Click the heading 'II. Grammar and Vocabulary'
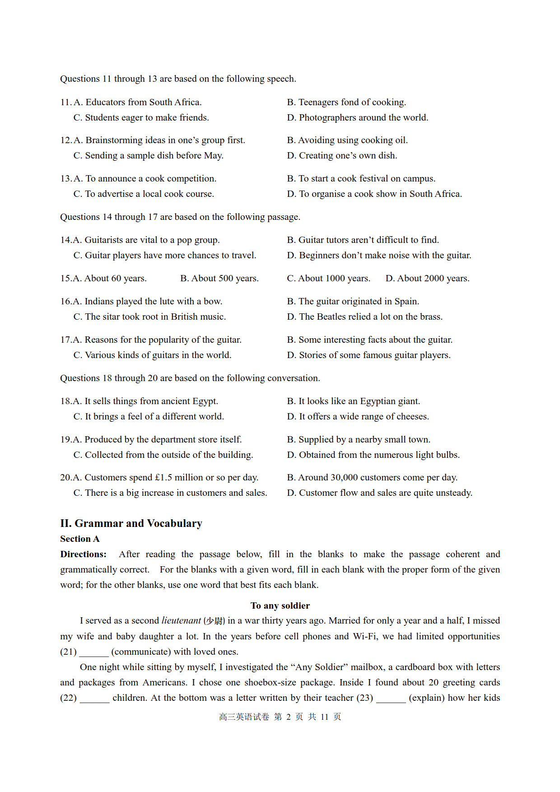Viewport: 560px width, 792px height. click(131, 523)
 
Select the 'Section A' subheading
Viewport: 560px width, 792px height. click(80, 539)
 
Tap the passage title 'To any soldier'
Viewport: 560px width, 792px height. click(280, 606)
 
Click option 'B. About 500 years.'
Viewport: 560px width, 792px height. click(219, 278)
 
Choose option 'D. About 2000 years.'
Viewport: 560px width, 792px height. click(427, 278)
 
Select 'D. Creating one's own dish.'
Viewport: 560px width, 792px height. click(342, 155)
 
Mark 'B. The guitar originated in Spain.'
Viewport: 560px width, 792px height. click(353, 301)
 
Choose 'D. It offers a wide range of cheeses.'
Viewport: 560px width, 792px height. click(358, 416)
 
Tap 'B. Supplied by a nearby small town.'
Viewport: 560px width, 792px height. click(359, 439)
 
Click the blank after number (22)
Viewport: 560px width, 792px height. click(94, 699)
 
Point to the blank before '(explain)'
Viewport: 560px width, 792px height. click(391, 699)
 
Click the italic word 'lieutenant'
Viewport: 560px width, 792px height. click(181, 620)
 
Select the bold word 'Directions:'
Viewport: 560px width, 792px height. click(84, 554)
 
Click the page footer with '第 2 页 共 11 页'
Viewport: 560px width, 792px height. click(280, 717)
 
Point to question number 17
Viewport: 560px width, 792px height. click(66, 340)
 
